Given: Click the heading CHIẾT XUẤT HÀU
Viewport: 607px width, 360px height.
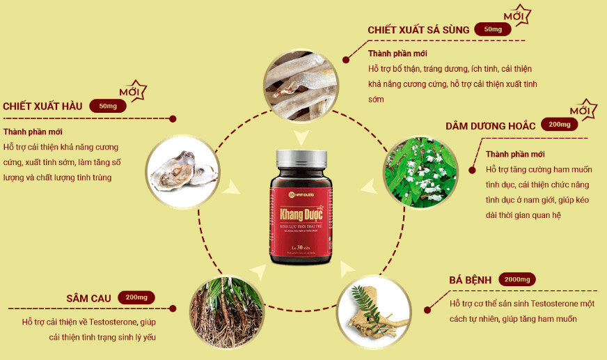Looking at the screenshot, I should pyautogui.click(x=42, y=106).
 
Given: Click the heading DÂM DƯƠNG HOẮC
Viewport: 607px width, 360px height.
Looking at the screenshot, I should pyautogui.click(x=491, y=125).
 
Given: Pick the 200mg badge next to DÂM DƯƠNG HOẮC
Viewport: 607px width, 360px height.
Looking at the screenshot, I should pyautogui.click(x=559, y=125).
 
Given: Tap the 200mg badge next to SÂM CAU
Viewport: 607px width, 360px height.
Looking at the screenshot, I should pyautogui.click(x=136, y=297).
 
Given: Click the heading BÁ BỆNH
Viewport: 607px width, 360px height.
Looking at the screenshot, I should pyautogui.click(x=470, y=279).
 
